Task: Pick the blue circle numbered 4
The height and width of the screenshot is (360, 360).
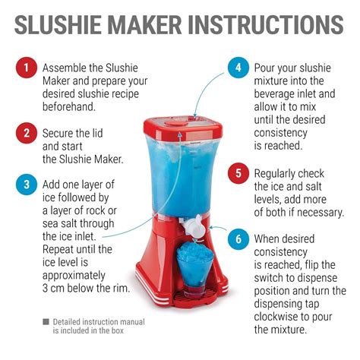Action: pyautogui.click(x=237, y=68)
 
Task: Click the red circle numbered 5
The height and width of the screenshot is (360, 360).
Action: pyautogui.click(x=237, y=174)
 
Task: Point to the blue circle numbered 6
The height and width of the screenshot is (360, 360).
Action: pyautogui.click(x=237, y=239)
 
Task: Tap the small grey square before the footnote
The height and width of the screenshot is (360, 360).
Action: pyautogui.click(x=46, y=322)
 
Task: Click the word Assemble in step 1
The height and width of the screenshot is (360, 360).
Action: pyautogui.click(x=64, y=68)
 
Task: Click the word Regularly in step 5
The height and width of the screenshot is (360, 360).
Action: pyautogui.click(x=278, y=173)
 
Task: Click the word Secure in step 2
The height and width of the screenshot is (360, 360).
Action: pyautogui.click(x=59, y=132)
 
